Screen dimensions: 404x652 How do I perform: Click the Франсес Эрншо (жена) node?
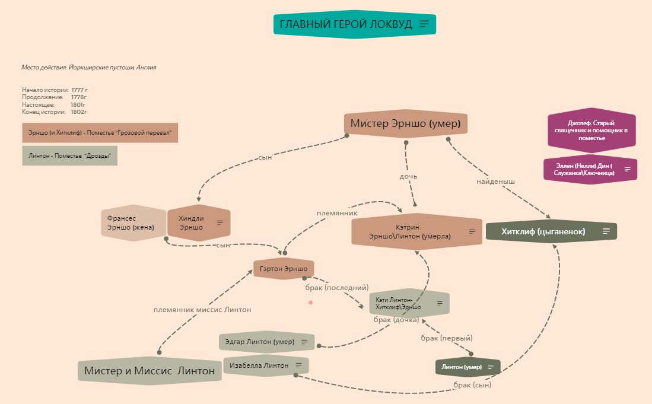(132, 223)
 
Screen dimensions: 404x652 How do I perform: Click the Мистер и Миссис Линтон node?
(149, 371)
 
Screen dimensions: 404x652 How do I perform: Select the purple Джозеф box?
(591, 131)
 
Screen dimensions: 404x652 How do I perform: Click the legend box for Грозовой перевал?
(100, 133)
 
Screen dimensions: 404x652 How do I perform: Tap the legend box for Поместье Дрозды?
(69, 155)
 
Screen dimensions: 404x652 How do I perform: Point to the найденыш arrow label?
(496, 182)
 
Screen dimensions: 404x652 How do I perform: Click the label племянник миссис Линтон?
(202, 310)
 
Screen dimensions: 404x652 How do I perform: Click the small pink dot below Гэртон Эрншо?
(310, 303)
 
